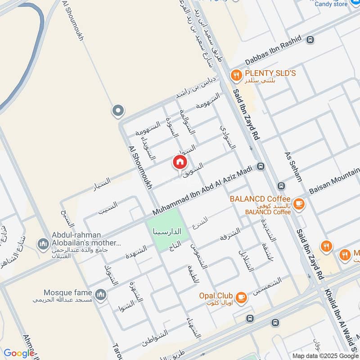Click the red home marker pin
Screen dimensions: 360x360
[180, 162]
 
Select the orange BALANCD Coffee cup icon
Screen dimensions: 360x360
[298, 204]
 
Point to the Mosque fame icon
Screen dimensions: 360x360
[102, 295]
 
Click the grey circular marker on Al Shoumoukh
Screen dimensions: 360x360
[118, 110]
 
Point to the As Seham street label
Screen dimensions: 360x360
[292, 166]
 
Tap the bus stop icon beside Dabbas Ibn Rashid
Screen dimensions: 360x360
[309, 40]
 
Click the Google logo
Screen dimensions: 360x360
[19, 353]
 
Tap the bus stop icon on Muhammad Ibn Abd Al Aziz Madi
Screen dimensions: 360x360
[260, 167]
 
